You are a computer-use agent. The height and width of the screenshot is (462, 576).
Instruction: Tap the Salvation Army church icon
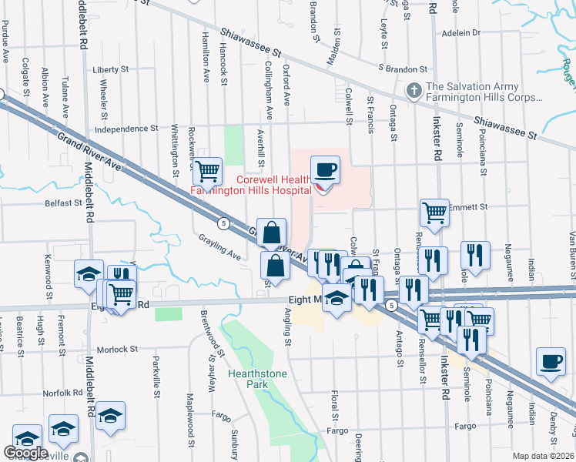(x=414, y=91)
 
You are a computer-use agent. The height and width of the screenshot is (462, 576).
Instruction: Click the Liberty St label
(x=110, y=69)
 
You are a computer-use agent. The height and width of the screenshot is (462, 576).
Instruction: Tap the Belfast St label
(x=63, y=203)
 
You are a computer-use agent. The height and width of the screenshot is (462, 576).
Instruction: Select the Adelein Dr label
(x=461, y=33)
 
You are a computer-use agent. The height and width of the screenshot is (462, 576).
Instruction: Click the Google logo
(x=25, y=453)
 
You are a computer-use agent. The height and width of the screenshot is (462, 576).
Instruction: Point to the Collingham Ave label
(x=269, y=91)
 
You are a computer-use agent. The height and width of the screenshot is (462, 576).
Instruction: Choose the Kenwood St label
(x=48, y=271)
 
